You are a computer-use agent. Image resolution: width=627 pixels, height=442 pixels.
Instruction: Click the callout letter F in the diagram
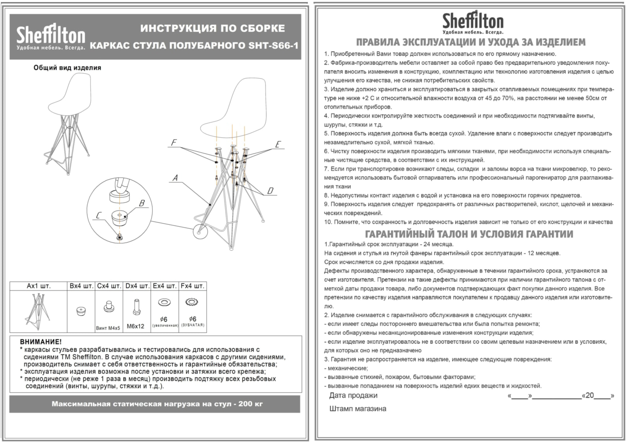point(174,143)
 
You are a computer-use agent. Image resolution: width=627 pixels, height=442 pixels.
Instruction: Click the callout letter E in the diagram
point(278,144)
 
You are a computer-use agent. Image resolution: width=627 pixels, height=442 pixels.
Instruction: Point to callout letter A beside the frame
point(175,178)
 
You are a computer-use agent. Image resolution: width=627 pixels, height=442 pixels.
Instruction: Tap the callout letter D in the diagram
point(270,190)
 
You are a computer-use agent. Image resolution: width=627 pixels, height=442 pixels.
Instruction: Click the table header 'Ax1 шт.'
point(39,286)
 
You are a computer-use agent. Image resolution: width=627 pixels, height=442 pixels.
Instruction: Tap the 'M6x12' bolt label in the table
point(136,326)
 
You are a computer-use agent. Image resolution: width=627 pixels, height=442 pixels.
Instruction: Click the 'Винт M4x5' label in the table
point(108,328)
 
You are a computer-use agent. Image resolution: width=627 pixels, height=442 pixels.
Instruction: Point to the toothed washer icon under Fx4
point(192,302)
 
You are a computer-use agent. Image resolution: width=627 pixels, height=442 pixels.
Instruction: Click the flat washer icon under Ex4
point(164,302)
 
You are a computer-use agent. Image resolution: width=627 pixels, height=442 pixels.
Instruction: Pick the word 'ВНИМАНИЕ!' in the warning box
point(41,342)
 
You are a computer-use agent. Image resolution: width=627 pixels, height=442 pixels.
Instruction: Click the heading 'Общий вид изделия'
point(67,68)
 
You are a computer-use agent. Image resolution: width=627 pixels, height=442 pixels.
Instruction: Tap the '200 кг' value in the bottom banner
point(250,404)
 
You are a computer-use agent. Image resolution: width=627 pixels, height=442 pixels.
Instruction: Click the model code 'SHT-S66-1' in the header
point(273,45)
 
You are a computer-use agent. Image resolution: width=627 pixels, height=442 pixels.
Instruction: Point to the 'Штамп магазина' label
point(358,409)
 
